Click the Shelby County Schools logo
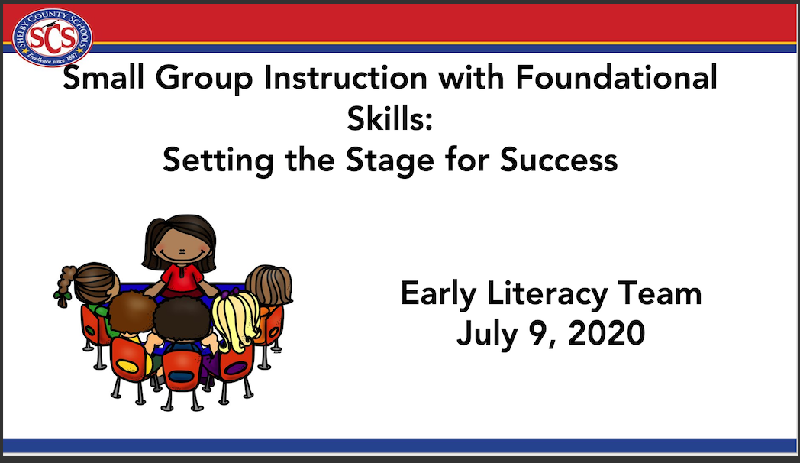52,37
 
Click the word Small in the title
104,78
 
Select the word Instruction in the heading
345,78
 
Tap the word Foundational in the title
616,78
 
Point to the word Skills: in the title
390,118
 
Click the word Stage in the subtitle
390,160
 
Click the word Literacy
547,295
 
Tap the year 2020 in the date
607,333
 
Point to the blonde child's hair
236,320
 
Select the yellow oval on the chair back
127,364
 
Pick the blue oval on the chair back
181,377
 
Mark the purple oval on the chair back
235,367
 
